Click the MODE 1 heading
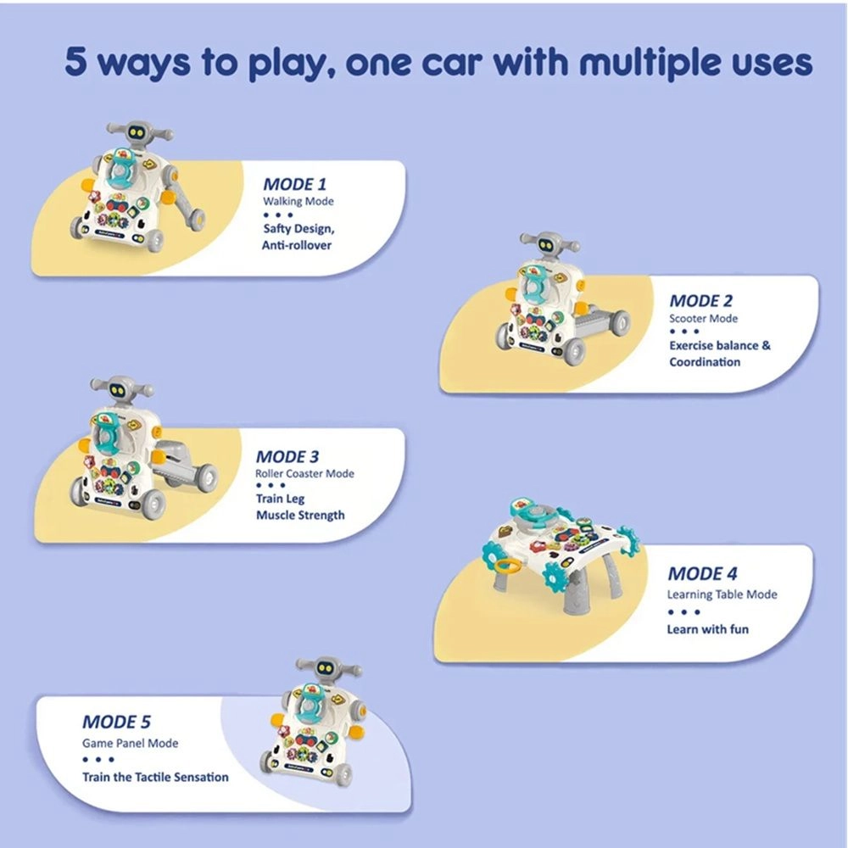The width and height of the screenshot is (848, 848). point(294,183)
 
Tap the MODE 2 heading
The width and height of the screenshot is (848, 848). point(700,300)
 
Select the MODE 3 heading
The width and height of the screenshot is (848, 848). point(287,456)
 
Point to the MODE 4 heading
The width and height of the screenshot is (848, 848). point(707,574)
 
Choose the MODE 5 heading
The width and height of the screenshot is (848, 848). point(116,722)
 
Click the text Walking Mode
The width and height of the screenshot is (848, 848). point(298,202)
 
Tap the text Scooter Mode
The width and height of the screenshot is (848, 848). point(703,319)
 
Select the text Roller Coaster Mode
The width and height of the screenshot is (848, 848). point(304,474)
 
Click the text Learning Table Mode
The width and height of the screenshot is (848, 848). point(721,594)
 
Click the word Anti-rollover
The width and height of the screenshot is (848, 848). point(297,246)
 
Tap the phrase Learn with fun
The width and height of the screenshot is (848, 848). point(707,629)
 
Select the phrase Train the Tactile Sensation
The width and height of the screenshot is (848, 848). point(155,777)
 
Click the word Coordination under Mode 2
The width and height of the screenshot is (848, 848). point(705,362)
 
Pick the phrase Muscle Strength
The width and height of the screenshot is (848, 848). point(300,515)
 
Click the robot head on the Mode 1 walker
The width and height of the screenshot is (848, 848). point(137,133)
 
